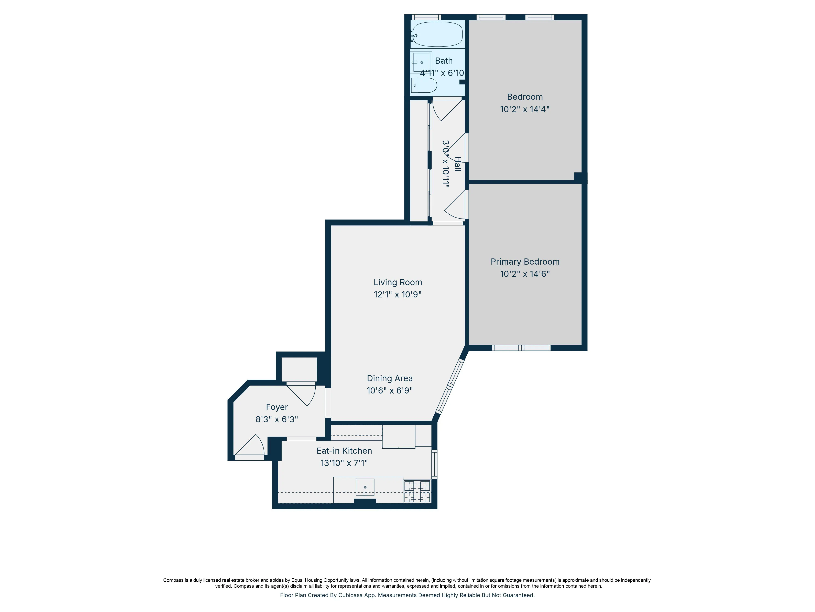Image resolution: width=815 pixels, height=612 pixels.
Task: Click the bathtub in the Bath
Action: coord(437,34)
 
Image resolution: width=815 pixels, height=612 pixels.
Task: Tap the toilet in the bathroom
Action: coord(424,85)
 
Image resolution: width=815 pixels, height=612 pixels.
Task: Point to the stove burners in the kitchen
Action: coord(417,491)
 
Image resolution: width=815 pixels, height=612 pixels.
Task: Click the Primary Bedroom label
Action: coord(525,262)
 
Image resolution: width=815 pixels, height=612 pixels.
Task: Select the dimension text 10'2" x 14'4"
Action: coord(525,109)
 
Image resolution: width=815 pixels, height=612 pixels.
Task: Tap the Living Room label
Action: coord(398,282)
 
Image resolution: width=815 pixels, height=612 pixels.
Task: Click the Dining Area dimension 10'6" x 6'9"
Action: coord(389,390)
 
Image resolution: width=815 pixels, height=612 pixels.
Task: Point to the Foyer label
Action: coord(277,407)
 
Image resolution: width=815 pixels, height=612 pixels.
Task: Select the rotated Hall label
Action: coord(458,164)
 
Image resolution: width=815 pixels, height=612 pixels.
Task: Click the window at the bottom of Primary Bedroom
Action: coord(521,348)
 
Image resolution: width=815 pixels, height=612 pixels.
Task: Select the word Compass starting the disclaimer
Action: coord(173,580)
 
